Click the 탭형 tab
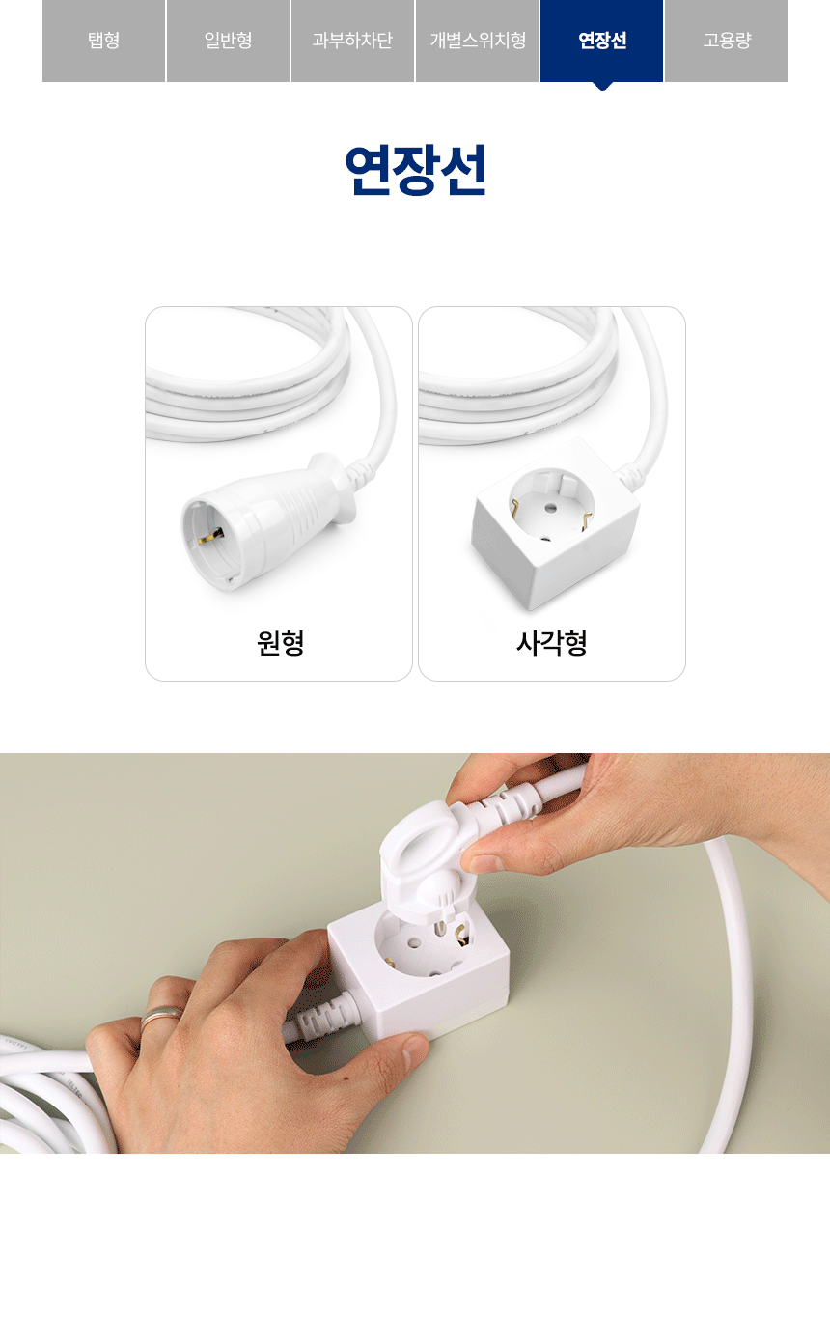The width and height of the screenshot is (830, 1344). [104, 41]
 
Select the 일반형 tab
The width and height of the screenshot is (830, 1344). [228, 41]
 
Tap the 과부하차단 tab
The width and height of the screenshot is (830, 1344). [352, 41]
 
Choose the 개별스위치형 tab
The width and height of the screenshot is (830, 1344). [478, 41]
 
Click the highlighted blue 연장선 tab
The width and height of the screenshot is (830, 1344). [602, 41]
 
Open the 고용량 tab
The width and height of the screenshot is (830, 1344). [726, 41]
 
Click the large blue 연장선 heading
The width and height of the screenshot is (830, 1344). [415, 170]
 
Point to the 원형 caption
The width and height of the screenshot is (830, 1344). [280, 643]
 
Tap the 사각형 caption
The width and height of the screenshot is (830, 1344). [552, 643]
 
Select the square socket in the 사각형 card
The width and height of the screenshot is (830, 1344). [555, 522]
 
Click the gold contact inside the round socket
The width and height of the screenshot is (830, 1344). [210, 535]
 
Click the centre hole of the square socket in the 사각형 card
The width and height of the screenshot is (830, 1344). [550, 509]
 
